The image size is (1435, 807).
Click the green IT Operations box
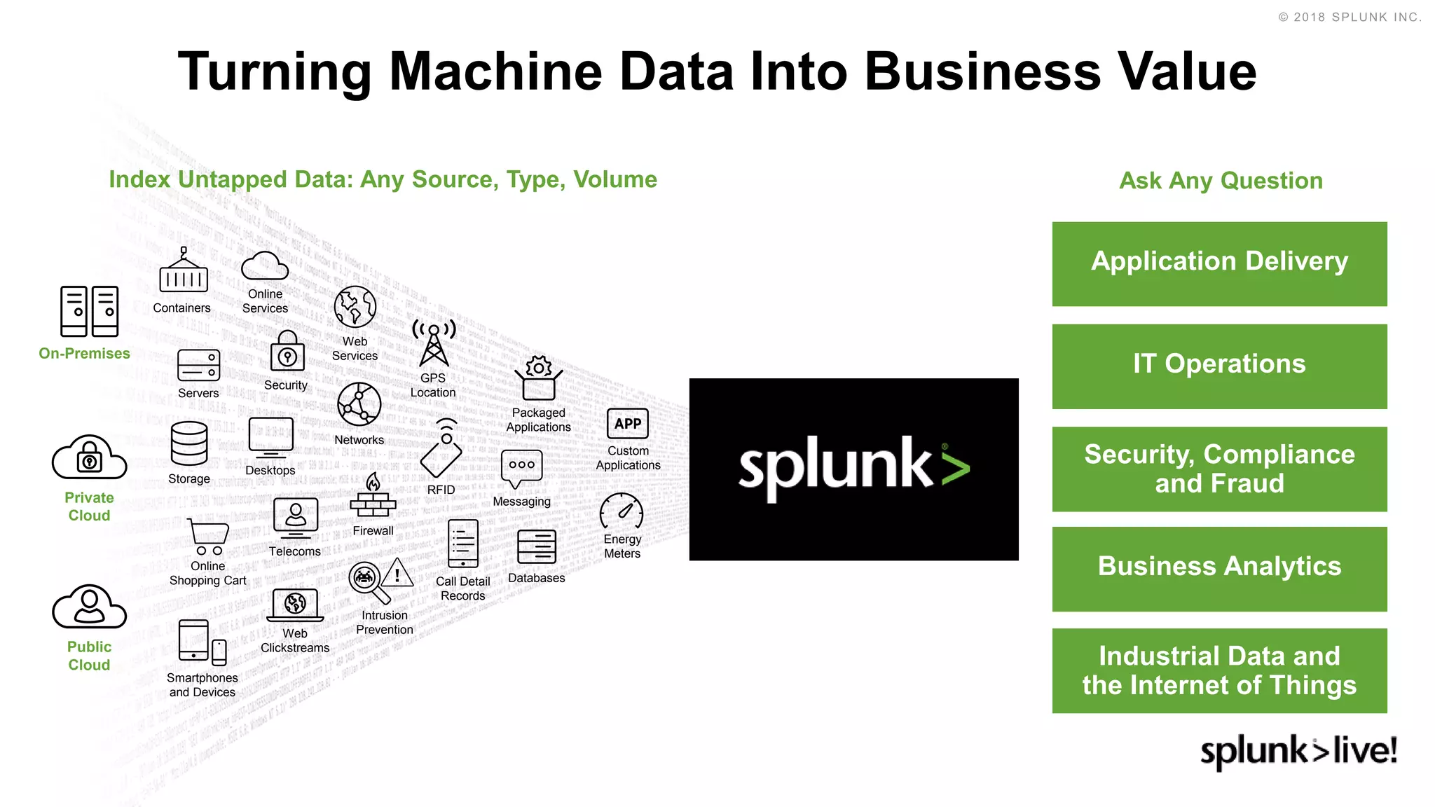click(1219, 366)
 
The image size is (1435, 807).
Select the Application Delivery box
click(1219, 263)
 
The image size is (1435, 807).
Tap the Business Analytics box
click(1219, 568)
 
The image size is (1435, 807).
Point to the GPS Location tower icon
click(434, 343)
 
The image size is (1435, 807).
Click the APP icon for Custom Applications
click(627, 424)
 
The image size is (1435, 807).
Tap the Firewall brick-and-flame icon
click(373, 497)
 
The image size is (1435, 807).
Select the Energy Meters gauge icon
click(622, 512)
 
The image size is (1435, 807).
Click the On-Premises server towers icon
click(89, 311)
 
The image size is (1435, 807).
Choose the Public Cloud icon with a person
click(89, 607)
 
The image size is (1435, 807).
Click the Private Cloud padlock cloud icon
click(89, 457)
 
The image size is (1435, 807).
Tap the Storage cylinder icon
click(188, 443)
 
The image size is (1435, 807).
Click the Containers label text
click(181, 308)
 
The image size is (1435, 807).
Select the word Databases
click(536, 579)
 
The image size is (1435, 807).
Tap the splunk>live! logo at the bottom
click(1298, 751)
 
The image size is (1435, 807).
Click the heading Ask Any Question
click(1221, 181)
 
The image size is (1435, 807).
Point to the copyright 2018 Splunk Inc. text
click(1350, 18)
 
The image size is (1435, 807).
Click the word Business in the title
click(982, 71)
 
